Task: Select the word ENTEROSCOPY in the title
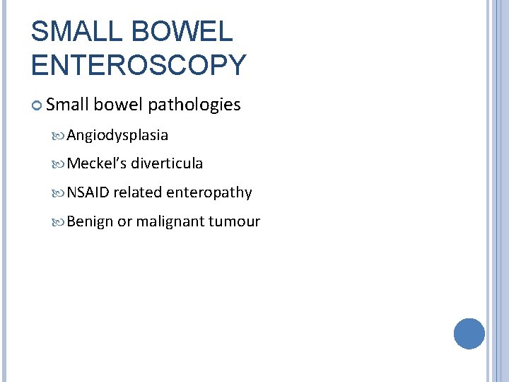pos(139,64)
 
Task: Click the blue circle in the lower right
pos(469,333)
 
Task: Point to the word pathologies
pos(194,105)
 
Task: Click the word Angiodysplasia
pos(117,135)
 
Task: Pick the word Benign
pos(90,221)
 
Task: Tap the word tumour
pos(234,221)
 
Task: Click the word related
pos(138,192)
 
